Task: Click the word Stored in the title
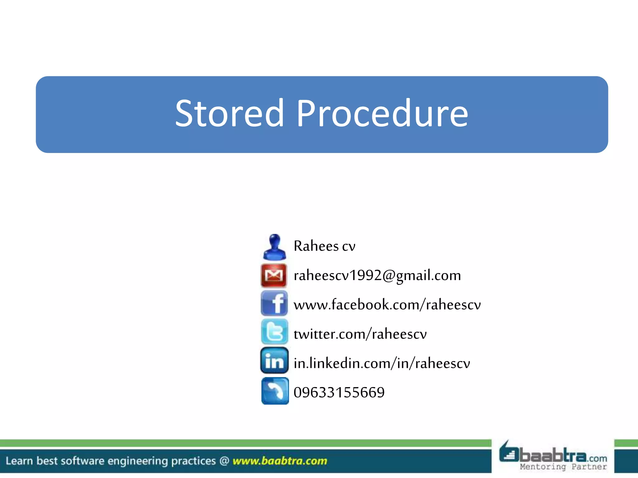(x=230, y=114)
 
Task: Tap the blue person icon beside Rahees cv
(x=274, y=247)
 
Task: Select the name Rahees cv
(x=324, y=246)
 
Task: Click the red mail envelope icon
(x=274, y=275)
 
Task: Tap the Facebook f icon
(x=274, y=303)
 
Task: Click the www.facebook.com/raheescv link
(x=387, y=305)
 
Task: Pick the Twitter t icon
(x=274, y=332)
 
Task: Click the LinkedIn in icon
(x=274, y=361)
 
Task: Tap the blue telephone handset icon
(x=275, y=391)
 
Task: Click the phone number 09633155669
(x=339, y=392)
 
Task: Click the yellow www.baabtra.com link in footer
(x=280, y=461)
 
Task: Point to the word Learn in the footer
(x=19, y=461)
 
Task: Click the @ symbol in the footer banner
(x=224, y=461)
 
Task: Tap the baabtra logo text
(x=553, y=456)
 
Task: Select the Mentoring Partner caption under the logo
(x=563, y=467)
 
